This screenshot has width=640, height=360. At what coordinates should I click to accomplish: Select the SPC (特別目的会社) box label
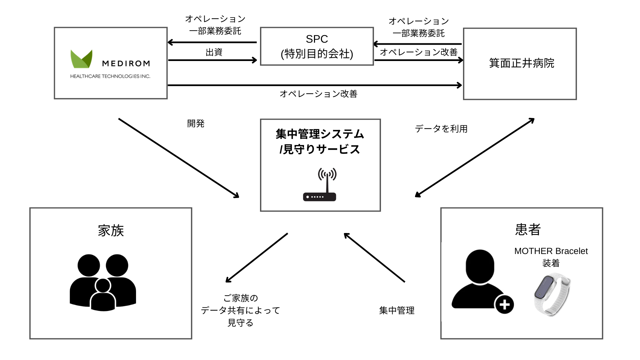317,46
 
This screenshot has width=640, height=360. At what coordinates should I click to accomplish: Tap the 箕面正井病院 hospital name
521,63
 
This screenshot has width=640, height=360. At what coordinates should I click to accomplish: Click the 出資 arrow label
214,52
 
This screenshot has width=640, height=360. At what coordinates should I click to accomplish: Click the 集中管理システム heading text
320,134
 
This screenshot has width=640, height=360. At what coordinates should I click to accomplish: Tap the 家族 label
111,230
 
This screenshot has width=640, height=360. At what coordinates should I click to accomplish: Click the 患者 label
528,229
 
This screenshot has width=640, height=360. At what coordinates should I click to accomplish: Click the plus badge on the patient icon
504,304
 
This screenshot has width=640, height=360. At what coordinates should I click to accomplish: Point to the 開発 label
196,124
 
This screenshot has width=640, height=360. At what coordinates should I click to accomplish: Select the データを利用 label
441,129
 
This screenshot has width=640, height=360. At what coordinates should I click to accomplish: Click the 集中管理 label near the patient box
397,310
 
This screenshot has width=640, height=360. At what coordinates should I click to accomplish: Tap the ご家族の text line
240,298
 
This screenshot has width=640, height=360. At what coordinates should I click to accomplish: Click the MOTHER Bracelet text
551,251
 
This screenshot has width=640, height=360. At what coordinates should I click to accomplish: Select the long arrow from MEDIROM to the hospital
314,85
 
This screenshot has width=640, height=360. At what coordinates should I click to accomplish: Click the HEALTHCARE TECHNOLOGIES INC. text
110,76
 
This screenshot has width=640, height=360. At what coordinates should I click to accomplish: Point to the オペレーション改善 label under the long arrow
318,94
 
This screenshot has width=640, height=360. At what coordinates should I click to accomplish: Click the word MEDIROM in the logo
126,63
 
